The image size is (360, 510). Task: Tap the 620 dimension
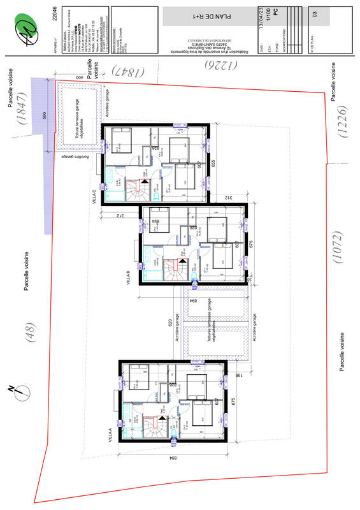pos(170,323)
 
